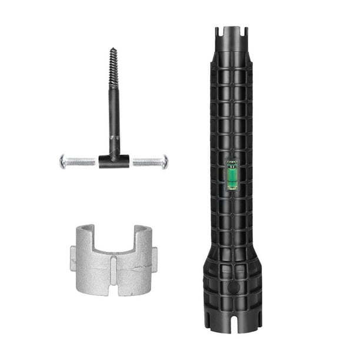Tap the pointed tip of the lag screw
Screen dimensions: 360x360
point(112,50)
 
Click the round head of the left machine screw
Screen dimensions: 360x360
point(63,161)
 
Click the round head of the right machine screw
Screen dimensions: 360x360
point(165,161)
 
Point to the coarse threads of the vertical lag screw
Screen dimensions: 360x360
point(113,71)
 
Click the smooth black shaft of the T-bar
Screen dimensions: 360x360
point(114,124)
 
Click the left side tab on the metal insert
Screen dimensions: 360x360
point(73,259)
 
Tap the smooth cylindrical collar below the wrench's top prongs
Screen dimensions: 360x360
point(233,50)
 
